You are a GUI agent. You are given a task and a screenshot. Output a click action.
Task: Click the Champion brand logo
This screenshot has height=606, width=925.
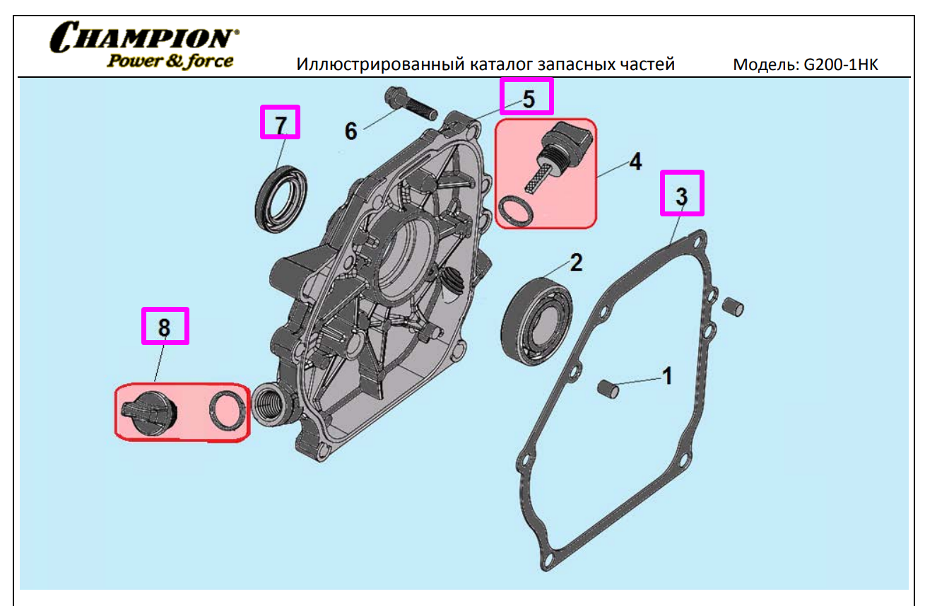pyautogui.click(x=144, y=45)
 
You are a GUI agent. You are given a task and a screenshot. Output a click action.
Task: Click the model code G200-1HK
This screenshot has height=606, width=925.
pyautogui.click(x=841, y=64)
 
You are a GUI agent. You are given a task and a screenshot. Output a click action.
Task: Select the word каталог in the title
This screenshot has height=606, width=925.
pyautogui.click(x=502, y=64)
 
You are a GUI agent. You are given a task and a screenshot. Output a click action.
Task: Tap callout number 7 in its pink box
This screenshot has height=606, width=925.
pyautogui.click(x=281, y=124)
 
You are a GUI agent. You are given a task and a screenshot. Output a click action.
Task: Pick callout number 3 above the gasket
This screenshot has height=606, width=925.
pyautogui.click(x=682, y=196)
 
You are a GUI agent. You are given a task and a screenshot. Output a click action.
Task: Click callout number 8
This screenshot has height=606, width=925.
pyautogui.click(x=165, y=327)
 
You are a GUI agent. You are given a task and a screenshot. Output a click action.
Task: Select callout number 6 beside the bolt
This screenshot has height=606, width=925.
pyautogui.click(x=351, y=132)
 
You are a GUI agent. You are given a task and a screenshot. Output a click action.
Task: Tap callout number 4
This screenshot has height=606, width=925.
pyautogui.click(x=636, y=161)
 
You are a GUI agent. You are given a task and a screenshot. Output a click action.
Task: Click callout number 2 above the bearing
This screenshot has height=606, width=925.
pyautogui.click(x=577, y=262)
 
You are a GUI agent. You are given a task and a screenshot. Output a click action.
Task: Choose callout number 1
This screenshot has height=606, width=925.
pyautogui.click(x=667, y=376)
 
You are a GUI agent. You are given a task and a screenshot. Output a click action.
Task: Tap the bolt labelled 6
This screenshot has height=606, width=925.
pyautogui.click(x=411, y=103)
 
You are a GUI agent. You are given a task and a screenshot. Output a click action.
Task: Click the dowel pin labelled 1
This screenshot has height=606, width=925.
pyautogui.click(x=608, y=389)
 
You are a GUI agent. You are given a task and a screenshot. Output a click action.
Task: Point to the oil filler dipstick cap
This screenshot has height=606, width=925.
pyautogui.click(x=559, y=157)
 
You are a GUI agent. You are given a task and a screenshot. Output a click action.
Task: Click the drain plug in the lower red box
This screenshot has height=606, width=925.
pyautogui.click(x=150, y=414)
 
